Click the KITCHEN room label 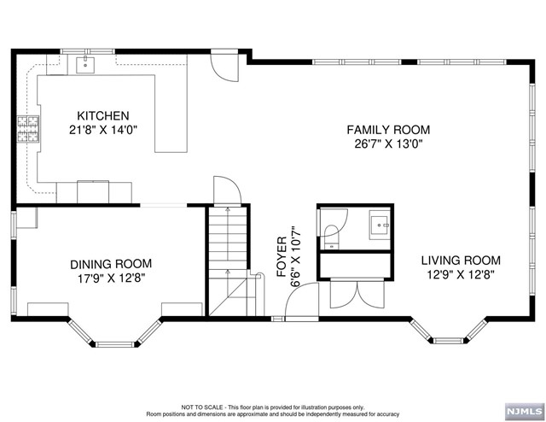(102, 115)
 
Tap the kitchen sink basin (85, 65)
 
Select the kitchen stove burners (28, 129)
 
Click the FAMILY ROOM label (388, 130)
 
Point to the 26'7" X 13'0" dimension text (388, 144)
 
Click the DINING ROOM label (111, 264)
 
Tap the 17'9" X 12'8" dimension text (111, 278)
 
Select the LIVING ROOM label (461, 261)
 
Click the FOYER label (282, 257)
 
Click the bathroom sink (379, 225)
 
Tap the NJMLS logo (524, 411)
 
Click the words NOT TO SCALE (202, 407)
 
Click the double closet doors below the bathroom (357, 295)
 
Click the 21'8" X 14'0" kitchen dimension (102, 130)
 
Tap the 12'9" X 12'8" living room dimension (461, 274)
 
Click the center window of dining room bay (115, 344)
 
